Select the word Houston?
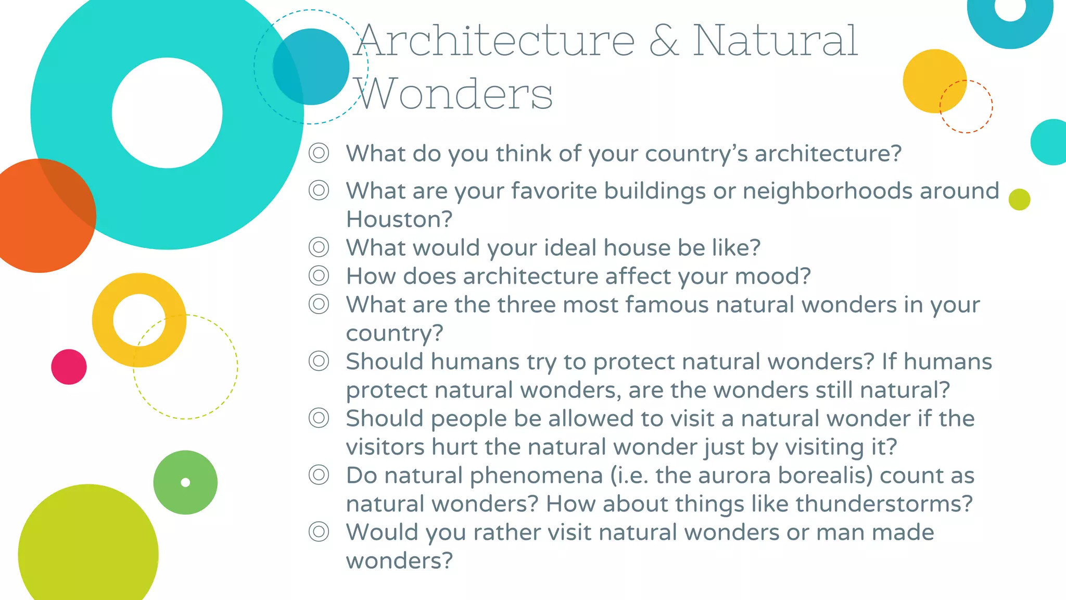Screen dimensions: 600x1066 [x=399, y=219]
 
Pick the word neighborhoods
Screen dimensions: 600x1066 [x=827, y=191]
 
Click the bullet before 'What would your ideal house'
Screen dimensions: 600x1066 [x=319, y=247]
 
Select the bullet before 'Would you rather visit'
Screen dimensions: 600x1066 [x=319, y=532]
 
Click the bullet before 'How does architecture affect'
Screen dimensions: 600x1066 [x=319, y=276]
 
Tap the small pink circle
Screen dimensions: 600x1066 [x=69, y=367]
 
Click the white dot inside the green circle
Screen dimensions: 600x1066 [x=185, y=482]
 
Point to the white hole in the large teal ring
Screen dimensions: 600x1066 [x=167, y=113]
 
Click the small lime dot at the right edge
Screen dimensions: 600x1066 [x=1019, y=199]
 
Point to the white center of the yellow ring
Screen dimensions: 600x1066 [x=138, y=319]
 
